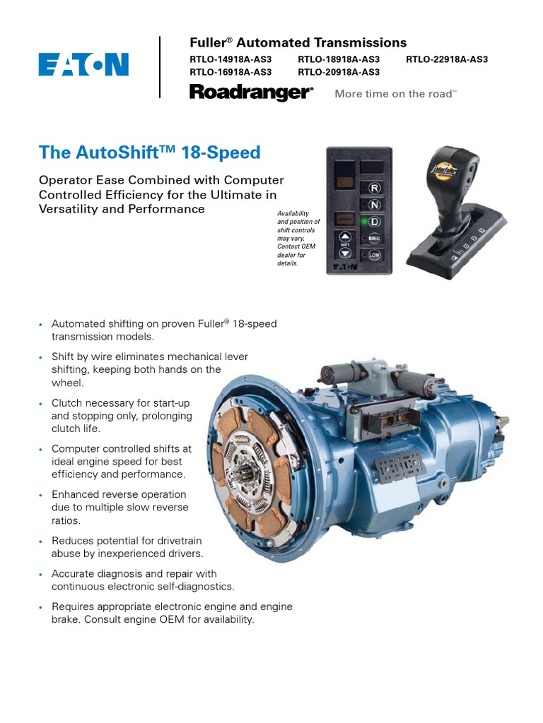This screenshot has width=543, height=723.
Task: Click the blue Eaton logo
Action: tap(83, 65)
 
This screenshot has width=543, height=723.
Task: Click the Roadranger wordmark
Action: tap(251, 93)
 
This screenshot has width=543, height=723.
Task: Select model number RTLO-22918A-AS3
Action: tap(447, 59)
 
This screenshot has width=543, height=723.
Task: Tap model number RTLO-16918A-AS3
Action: tap(230, 72)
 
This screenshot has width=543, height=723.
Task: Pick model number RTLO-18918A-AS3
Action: tap(339, 59)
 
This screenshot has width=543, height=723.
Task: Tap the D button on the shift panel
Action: tap(374, 221)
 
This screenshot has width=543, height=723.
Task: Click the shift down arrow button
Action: tap(344, 253)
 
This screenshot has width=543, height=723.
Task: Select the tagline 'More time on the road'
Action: tap(395, 94)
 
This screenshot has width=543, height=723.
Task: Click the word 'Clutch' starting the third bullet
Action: tap(67, 402)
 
